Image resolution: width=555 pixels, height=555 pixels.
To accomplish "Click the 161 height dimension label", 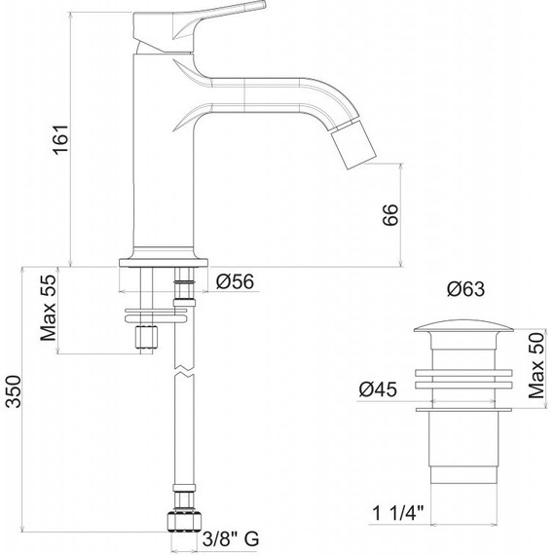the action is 60,139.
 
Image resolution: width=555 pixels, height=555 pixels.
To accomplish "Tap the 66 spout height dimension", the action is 390,214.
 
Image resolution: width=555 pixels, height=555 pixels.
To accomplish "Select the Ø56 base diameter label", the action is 235,281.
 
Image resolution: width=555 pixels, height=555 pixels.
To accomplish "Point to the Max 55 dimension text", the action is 49,308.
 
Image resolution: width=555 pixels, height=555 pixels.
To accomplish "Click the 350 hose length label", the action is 15,391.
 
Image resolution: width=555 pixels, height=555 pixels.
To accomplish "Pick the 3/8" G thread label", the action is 231,538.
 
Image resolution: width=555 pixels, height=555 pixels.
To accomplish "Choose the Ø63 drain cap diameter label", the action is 465,289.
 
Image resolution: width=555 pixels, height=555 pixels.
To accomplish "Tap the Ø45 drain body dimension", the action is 378,389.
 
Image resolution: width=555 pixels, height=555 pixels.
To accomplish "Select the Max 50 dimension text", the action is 536,365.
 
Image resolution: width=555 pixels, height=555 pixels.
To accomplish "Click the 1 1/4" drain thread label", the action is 398,513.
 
